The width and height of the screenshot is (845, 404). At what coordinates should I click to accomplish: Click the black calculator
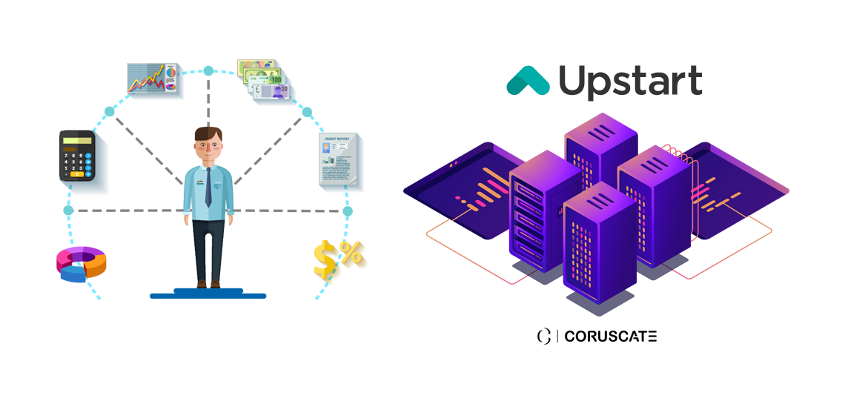pos(77,156)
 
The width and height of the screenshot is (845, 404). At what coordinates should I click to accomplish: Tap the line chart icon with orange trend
pos(153,78)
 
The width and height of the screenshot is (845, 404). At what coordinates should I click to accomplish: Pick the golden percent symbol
pos(351,251)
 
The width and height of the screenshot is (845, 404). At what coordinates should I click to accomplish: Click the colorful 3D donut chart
pos(82,264)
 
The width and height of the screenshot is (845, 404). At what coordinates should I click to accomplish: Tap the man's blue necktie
pos(208,188)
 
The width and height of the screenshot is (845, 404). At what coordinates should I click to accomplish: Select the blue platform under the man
pos(208,295)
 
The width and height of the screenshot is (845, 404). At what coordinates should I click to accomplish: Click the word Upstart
pos(630,81)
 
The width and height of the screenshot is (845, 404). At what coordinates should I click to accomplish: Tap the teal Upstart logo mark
pos(528,80)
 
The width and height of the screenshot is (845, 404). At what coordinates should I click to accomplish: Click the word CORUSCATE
pos(610,337)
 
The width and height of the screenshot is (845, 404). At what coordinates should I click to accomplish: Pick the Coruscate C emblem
pos(543,337)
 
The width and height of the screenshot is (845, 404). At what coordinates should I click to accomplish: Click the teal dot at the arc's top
pos(208,71)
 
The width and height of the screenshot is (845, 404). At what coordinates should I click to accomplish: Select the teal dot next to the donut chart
pos(69,211)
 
